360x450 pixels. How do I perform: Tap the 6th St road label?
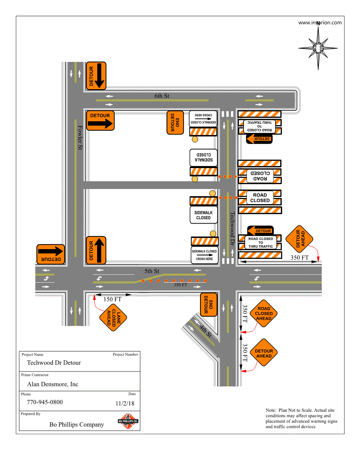coord(162,96)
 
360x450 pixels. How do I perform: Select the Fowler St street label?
coord(80,138)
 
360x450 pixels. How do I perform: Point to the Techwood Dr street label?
coord(232,228)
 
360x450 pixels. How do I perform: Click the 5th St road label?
coord(152,271)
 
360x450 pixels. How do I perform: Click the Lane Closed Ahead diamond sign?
coord(114,317)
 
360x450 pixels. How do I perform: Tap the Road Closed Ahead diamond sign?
coord(264,314)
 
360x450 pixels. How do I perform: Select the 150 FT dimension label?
coord(112,299)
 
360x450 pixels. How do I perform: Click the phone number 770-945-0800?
coord(45,402)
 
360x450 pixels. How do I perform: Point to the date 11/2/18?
coord(125,404)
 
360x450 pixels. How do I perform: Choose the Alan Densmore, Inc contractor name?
coord(53,384)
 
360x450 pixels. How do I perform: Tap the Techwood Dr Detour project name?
coord(54,363)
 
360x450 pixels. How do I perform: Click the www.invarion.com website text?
coord(320,22)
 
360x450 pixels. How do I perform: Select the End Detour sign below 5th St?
coord(209,305)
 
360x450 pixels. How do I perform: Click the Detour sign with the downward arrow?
coord(96,76)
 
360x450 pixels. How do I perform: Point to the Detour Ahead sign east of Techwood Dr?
coord(299,238)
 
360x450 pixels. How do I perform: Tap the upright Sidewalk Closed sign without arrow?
coord(204,215)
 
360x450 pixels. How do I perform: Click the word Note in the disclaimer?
coord(271,410)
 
